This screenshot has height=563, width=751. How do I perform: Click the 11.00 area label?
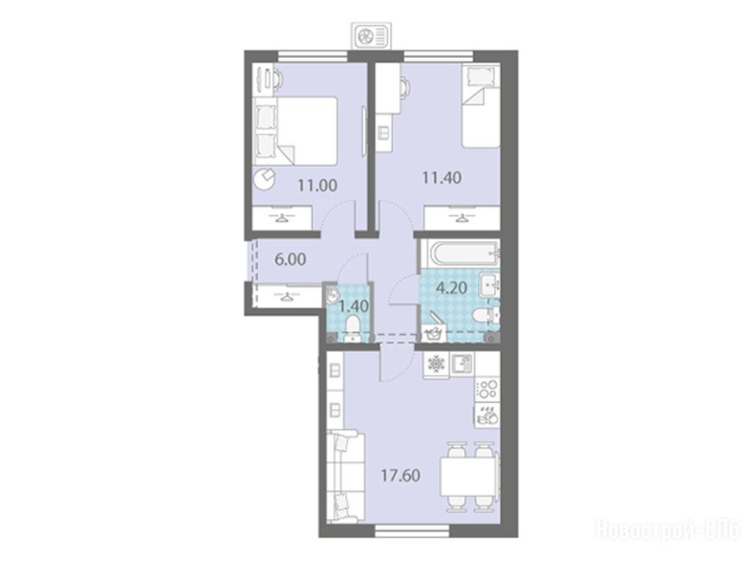(318, 185)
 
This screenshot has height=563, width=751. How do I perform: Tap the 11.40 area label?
(442, 177)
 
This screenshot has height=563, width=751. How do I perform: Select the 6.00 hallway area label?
(290, 260)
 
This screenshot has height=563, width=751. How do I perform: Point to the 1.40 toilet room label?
(353, 306)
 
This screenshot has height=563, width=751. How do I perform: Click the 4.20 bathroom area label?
(451, 288)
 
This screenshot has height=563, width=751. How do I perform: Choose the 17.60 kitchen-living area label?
(401, 475)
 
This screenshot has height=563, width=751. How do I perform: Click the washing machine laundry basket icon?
(433, 333)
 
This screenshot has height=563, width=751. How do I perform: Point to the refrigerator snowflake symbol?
(436, 364)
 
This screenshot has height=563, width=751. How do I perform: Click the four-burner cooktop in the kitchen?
(487, 389)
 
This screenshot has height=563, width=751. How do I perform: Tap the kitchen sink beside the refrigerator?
(462, 364)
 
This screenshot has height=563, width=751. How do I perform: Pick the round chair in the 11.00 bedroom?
(264, 180)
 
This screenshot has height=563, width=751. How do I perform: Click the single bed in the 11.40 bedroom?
(480, 107)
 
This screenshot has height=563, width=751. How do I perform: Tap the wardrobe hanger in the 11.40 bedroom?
(462, 218)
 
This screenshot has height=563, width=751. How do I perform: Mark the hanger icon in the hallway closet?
(287, 297)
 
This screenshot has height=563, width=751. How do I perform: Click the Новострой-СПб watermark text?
(667, 529)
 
